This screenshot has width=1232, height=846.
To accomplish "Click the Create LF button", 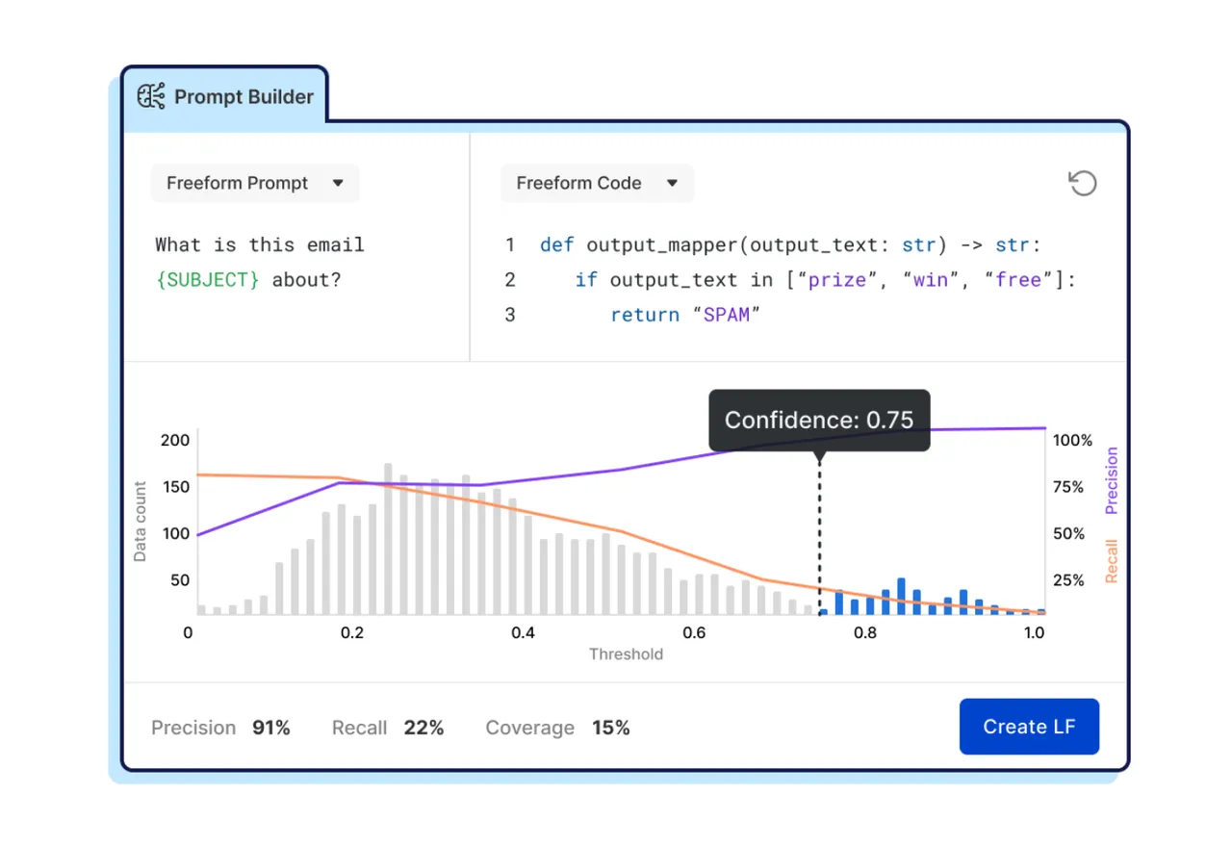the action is click(1029, 726).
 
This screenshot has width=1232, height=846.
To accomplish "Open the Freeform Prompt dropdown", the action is click(255, 183).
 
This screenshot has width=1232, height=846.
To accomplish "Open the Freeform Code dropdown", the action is click(598, 183).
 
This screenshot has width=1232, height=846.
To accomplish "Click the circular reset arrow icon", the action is click(1083, 183).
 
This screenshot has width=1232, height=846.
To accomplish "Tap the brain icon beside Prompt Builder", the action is click(151, 96).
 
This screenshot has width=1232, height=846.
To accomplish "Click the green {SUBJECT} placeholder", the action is click(207, 280).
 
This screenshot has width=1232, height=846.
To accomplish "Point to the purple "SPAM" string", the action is click(727, 315).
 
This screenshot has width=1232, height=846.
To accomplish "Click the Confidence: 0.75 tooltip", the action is click(819, 421).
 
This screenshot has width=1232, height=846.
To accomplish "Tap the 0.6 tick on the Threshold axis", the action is click(694, 632).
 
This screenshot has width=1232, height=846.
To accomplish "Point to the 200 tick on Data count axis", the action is click(175, 440).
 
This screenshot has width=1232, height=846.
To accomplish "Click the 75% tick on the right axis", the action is click(1068, 487).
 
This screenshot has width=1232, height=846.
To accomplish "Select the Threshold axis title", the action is click(626, 654).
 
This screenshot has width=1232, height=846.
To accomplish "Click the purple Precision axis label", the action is click(1112, 480).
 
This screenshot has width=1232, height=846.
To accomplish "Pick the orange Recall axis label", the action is click(1112, 561).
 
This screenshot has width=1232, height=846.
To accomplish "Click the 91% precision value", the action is click(271, 728).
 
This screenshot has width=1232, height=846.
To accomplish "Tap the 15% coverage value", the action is click(611, 728).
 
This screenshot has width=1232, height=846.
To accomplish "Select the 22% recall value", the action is click(423, 728).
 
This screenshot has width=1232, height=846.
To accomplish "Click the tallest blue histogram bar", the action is click(901, 597).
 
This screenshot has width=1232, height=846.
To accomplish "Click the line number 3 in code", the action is click(510, 315).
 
